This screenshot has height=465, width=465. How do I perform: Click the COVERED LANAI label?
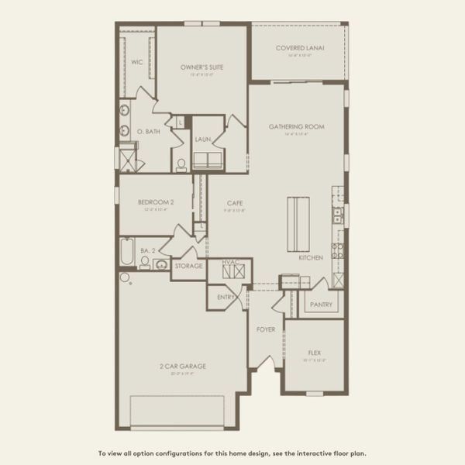pyautogui.click(x=300, y=48)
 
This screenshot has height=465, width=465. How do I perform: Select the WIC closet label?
pyautogui.click(x=136, y=61)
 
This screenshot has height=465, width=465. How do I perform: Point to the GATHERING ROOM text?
pyautogui.click(x=296, y=126)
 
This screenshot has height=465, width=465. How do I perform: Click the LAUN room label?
pyautogui.click(x=203, y=139)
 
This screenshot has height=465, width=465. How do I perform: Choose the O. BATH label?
pyautogui.click(x=149, y=132)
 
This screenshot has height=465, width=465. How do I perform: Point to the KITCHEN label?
pyautogui.click(x=311, y=257)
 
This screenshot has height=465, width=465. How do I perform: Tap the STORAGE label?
pyautogui.click(x=188, y=266)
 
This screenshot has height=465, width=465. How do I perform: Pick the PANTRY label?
pyautogui.click(x=321, y=305)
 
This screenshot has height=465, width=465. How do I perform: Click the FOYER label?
pyautogui.click(x=266, y=329)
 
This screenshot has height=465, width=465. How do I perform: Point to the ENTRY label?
pyautogui.click(x=226, y=297)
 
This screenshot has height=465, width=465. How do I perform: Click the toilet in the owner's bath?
pyautogui.click(x=181, y=164)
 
